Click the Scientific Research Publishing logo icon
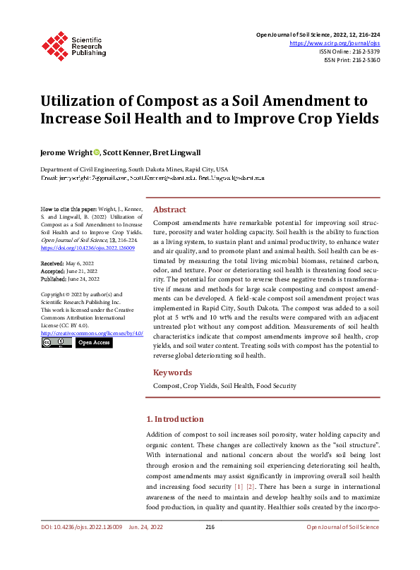coord(54,44)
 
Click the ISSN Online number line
coord(349,51)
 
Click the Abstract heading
coord(169,210)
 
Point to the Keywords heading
coord(172,372)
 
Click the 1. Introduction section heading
coord(174,419)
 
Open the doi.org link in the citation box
coord(80,248)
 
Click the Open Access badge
coord(93,342)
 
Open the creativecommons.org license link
coord(92,333)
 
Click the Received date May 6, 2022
coord(80,262)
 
